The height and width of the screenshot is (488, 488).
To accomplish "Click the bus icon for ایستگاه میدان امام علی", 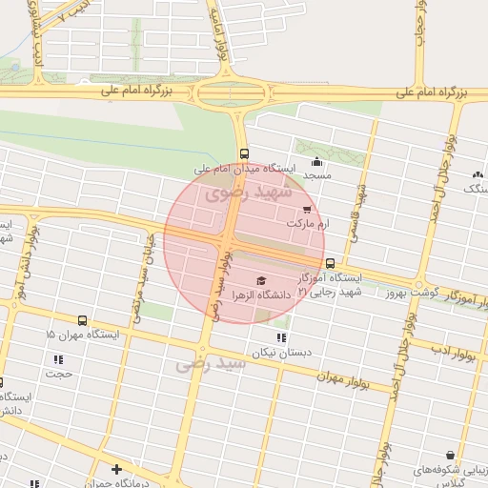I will click(245, 153).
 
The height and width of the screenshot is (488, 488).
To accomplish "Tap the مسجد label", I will click(316, 175).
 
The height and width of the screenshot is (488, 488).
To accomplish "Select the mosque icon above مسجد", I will click(316, 161).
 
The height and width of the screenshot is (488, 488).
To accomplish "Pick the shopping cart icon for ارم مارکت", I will click(306, 209).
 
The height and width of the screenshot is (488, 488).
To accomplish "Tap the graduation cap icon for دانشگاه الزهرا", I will click(261, 280).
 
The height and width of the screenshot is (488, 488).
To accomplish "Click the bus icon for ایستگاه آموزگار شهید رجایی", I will click(330, 263).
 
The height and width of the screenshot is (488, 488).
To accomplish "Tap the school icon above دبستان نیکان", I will click(279, 337).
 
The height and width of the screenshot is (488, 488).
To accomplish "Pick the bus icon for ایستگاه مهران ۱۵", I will click(82, 321).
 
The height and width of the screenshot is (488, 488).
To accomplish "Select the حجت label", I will click(60, 374).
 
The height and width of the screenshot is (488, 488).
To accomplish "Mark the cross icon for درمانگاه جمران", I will click(116, 469).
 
